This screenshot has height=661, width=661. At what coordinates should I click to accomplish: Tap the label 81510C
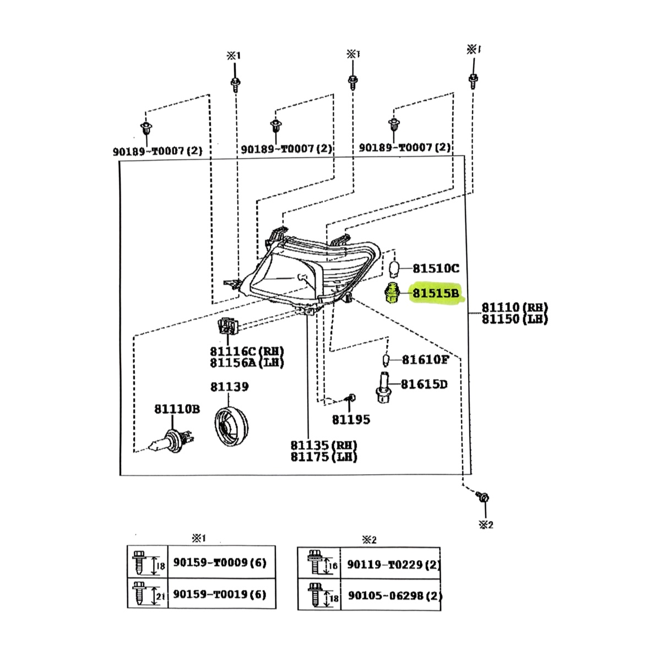[435, 268]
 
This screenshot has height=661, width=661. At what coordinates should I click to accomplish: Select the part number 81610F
[425, 360]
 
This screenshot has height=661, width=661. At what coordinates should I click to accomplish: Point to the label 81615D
[424, 384]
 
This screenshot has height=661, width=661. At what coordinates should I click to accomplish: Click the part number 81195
[351, 420]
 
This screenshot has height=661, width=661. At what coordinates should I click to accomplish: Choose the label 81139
[229, 387]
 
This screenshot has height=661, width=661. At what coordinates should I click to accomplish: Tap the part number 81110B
[177, 409]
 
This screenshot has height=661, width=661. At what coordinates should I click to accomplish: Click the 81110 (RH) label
[514, 307]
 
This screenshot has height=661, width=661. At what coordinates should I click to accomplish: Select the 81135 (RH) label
[323, 445]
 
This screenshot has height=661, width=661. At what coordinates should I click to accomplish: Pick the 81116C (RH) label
[246, 351]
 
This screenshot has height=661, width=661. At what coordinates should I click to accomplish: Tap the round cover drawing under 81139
[231, 427]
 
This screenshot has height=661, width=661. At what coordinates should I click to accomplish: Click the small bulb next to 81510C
[393, 268]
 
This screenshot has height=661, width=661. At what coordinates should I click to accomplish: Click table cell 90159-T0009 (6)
[220, 562]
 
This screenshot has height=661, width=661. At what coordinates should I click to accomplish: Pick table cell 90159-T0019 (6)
[220, 594]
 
